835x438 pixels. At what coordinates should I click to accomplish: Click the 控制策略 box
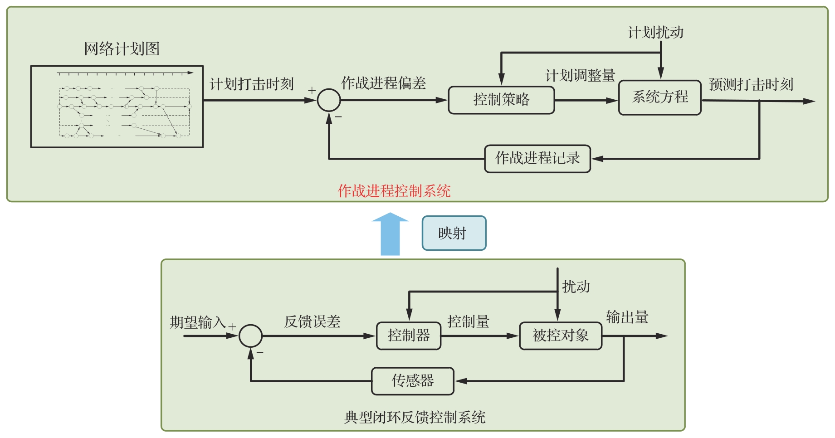click(x=501, y=100)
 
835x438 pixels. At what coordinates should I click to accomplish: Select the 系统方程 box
click(x=660, y=97)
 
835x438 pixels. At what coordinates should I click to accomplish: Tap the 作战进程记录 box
click(x=537, y=159)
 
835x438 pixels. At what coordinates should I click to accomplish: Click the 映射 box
click(x=454, y=233)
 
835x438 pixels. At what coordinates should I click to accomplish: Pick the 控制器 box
click(x=409, y=336)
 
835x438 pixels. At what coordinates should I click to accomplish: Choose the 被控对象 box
click(x=561, y=336)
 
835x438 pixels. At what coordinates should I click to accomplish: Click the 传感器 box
click(x=413, y=381)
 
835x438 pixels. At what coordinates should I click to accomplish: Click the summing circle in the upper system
click(x=329, y=100)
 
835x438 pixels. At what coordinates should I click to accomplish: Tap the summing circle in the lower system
click(x=251, y=336)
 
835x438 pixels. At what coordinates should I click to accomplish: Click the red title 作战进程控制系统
click(x=394, y=191)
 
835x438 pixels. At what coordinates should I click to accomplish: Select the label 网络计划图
click(x=122, y=49)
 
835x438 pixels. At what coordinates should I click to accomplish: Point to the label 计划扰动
click(x=655, y=32)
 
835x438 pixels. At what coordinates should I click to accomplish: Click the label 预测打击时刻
click(x=751, y=84)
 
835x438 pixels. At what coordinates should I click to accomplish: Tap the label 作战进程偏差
click(x=384, y=83)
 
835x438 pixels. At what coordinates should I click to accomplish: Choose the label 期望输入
click(x=198, y=322)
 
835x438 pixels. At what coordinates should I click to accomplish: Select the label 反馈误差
click(x=312, y=322)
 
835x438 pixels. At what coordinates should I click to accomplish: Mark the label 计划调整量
click(x=580, y=75)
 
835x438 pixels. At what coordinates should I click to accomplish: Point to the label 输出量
click(x=627, y=317)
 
